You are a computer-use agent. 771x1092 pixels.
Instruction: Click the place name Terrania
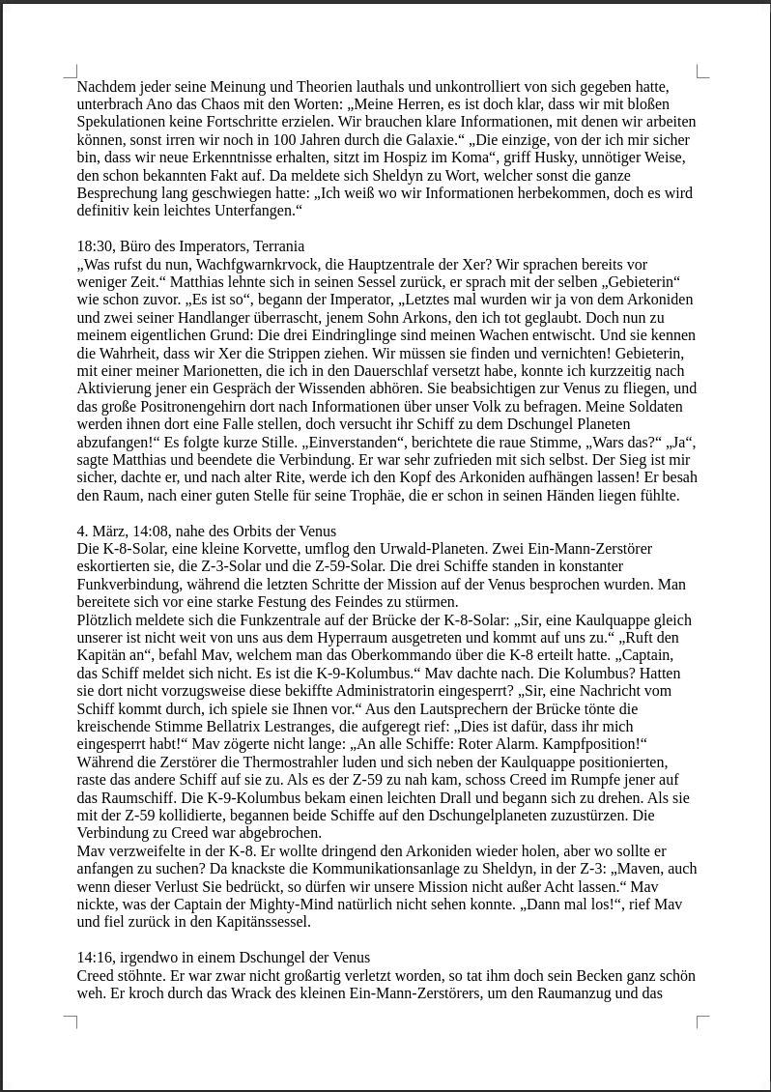275,246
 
